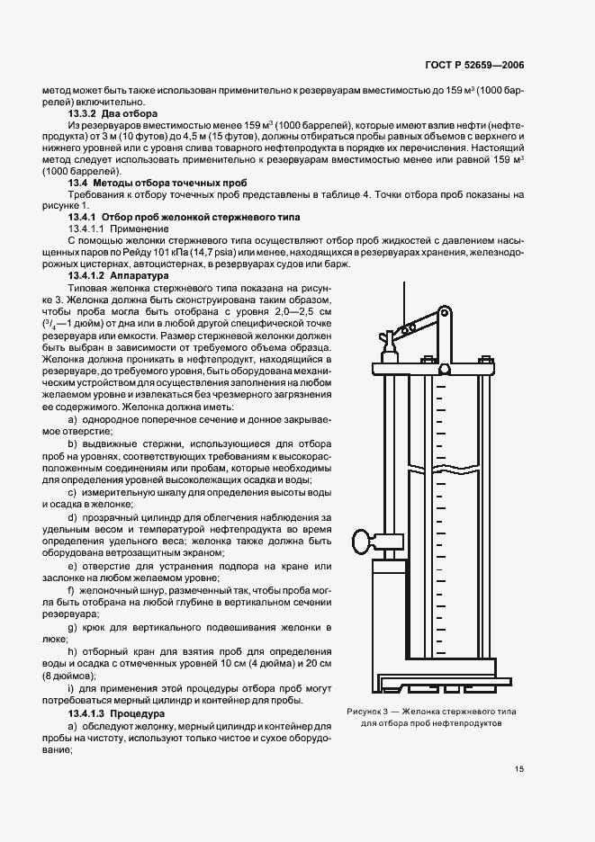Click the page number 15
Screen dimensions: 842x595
(519, 769)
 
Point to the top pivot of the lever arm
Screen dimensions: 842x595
(444, 312)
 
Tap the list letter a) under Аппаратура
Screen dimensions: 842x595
(72, 420)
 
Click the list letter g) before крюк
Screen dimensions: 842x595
(72, 625)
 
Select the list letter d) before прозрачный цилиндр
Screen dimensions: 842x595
(72, 517)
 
